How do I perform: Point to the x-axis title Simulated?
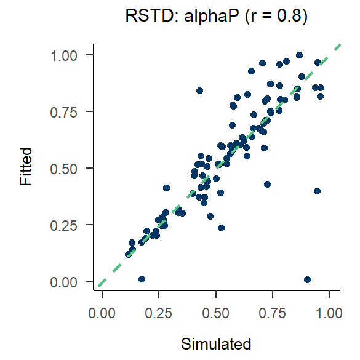tap(217, 343)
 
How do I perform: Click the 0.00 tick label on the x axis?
tap(102, 313)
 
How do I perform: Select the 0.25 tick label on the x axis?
tap(159, 313)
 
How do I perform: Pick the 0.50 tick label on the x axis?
tap(216, 313)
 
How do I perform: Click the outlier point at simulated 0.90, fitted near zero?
tap(307, 279)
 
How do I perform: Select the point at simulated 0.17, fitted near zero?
tap(142, 279)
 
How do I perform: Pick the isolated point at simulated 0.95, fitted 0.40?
tap(317, 191)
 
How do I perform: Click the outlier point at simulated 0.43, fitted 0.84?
tap(199, 90)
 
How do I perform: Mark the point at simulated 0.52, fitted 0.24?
tap(221, 228)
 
